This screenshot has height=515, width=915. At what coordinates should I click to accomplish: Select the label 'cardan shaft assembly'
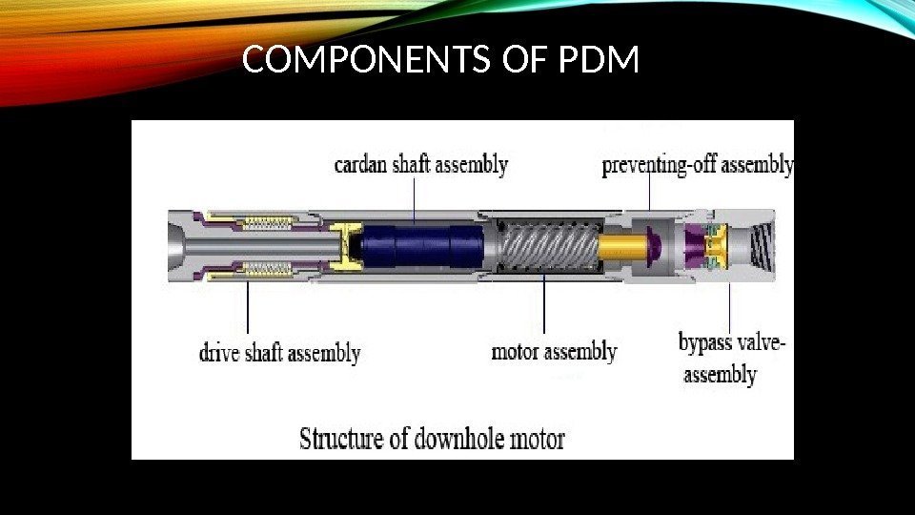point(420,165)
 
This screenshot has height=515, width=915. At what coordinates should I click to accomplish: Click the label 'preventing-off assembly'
point(698,166)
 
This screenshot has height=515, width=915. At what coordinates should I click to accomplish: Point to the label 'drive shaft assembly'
point(279,354)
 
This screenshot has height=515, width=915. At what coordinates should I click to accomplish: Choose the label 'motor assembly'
point(554,352)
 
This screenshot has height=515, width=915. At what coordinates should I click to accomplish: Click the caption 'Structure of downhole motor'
point(432,439)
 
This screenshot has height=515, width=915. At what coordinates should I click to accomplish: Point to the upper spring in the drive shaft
point(268,224)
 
